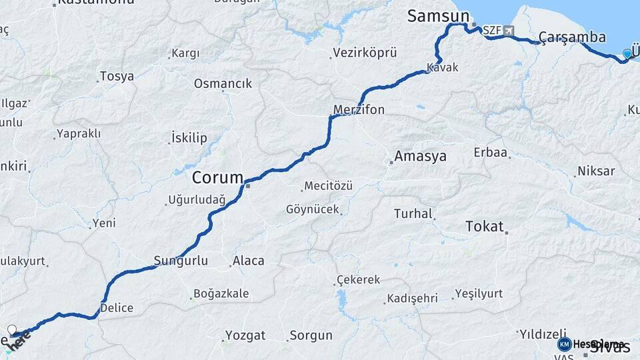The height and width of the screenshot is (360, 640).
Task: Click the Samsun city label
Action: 439,16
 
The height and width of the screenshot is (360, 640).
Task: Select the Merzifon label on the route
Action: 359,109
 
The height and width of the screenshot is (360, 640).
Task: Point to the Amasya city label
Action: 420,156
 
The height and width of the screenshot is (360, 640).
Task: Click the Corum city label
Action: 217,177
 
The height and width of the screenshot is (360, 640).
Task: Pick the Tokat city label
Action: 485,226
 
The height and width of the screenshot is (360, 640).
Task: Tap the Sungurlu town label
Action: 181,261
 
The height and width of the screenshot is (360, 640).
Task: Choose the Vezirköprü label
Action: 365,52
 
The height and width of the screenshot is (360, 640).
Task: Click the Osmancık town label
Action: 223,83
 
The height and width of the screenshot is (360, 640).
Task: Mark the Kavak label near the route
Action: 443,68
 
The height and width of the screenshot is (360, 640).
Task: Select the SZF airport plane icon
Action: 509,31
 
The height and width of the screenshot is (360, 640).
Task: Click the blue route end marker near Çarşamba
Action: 627,54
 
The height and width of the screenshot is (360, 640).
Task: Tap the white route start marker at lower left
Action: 11,329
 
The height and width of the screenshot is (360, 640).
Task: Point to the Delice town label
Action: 117,308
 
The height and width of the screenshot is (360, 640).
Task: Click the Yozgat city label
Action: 245,335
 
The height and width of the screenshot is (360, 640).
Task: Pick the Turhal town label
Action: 413,214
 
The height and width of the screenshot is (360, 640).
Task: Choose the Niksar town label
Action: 596,171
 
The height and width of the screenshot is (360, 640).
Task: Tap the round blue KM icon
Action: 564,344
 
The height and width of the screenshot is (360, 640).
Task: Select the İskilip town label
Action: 189,138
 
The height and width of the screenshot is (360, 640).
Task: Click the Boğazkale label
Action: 221,293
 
